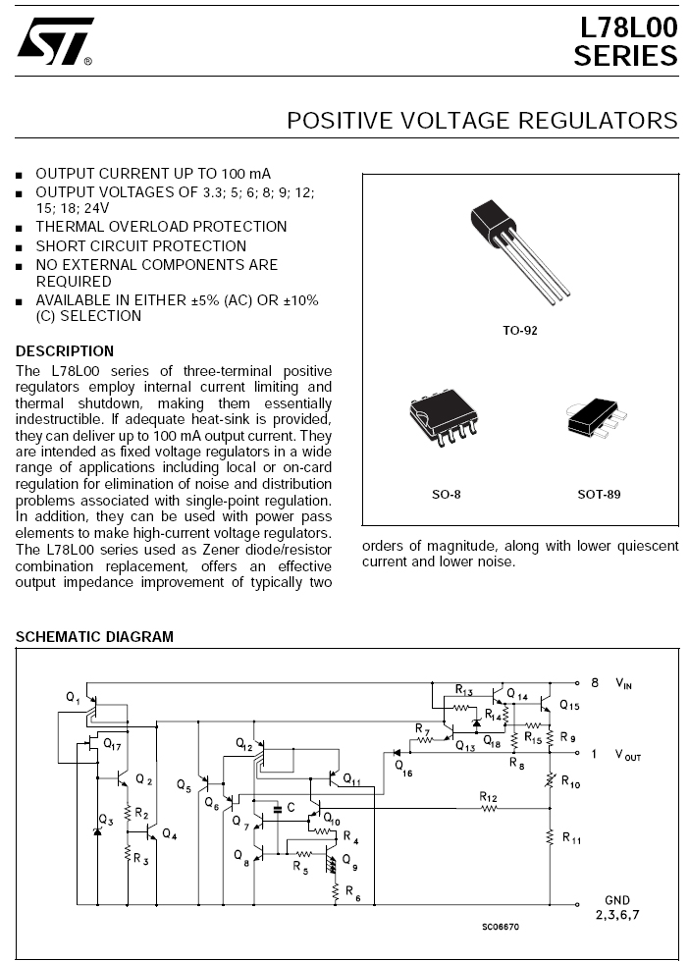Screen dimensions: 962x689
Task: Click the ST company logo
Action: point(55,41)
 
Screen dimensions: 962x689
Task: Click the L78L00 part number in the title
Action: point(626,28)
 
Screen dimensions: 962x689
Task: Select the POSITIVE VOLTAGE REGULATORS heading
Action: point(482,121)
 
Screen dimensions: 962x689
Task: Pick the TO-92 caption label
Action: point(520,331)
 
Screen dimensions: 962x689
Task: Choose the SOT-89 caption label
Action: point(599,495)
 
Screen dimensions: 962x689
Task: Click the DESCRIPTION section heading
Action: point(65,351)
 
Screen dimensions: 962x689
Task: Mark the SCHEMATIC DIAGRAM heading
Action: point(94,637)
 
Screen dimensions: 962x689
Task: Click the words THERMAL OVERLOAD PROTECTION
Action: point(161,227)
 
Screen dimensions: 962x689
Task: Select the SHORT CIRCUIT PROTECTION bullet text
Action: point(141,245)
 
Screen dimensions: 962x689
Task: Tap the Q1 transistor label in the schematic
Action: point(73,696)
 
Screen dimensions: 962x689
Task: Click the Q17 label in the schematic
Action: point(112,745)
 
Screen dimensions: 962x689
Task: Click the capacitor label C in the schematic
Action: point(279,807)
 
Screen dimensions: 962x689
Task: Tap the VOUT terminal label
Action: point(627,755)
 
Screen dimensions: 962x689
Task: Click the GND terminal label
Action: point(617,900)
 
